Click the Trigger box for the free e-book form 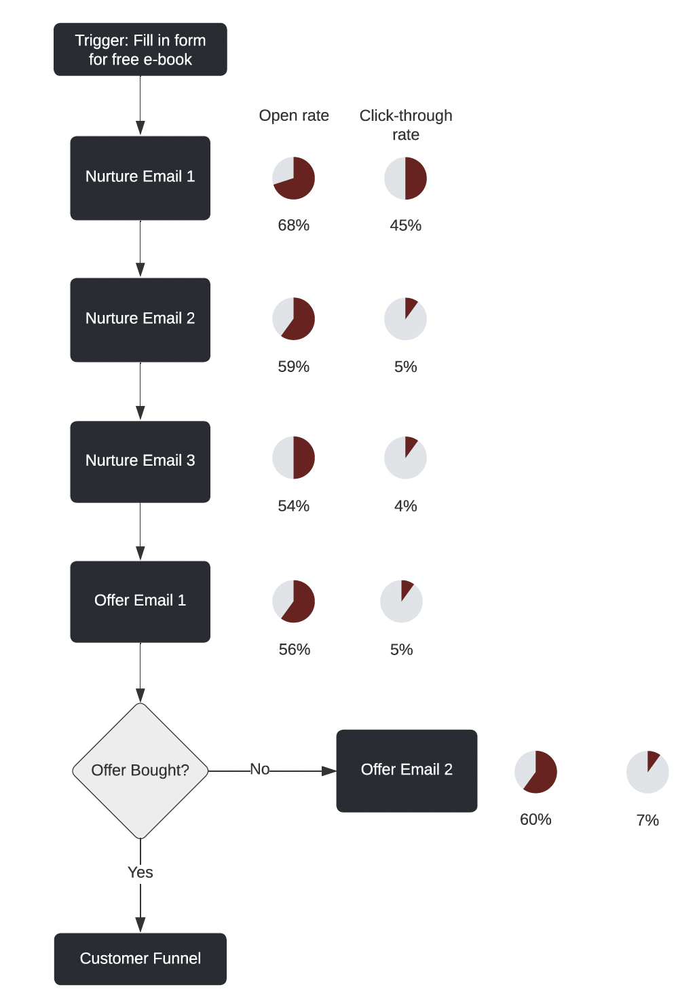click(x=140, y=50)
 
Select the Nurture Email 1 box click(x=140, y=178)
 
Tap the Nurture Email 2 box click(x=140, y=320)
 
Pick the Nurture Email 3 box click(x=140, y=462)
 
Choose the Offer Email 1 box click(x=140, y=601)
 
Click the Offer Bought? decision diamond click(x=140, y=771)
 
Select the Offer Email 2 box click(x=407, y=771)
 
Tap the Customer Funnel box click(x=140, y=959)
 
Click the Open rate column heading click(x=294, y=115)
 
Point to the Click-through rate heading click(x=406, y=125)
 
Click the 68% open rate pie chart click(x=294, y=179)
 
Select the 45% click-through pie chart click(x=405, y=179)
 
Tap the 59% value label click(x=294, y=367)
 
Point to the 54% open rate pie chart click(x=294, y=458)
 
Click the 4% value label click(x=405, y=506)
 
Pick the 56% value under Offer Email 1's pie click(x=295, y=650)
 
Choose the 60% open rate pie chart click(x=536, y=772)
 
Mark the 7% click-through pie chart click(x=647, y=772)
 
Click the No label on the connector click(x=260, y=769)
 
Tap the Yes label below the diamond click(x=140, y=872)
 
